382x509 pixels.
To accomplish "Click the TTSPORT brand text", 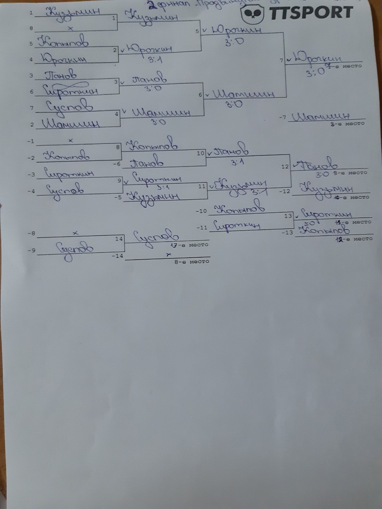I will click(x=311, y=12).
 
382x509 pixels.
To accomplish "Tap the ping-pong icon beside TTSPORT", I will click(x=253, y=14).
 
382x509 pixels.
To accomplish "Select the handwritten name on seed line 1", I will click(x=74, y=12).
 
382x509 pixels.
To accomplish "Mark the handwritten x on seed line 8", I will click(x=70, y=28).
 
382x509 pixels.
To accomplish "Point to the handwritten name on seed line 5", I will click(x=64, y=41).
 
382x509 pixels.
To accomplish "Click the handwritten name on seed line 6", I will click(x=72, y=90).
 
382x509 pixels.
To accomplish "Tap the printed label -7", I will click(x=283, y=117).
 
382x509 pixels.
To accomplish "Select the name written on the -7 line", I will click(x=320, y=117).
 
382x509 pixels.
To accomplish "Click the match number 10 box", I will click(x=201, y=153).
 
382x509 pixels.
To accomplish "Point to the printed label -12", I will click(x=285, y=192).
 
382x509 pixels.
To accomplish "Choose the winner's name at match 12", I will click(x=318, y=164).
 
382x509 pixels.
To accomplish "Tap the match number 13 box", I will click(x=288, y=216).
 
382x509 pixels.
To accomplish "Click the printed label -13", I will click(x=287, y=232).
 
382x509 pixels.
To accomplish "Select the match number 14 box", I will click(x=119, y=239).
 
